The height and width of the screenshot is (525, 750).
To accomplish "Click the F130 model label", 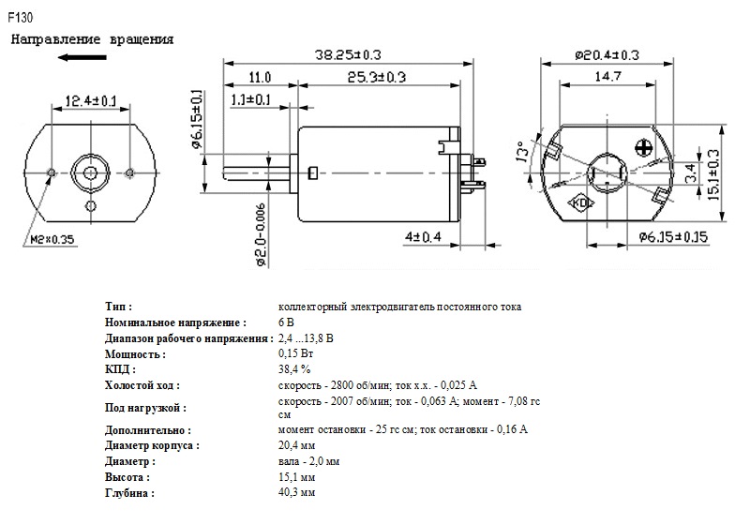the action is [20, 18].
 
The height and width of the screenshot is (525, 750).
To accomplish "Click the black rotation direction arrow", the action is [82, 57].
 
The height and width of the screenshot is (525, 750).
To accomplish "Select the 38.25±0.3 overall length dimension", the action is [348, 54].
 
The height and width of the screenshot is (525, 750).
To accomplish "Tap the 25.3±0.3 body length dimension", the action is [377, 77].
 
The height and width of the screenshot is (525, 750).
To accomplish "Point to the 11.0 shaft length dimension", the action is [260, 77].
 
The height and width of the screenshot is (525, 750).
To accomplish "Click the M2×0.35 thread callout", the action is [52, 239].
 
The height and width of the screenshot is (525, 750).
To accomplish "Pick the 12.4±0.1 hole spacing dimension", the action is [90, 101].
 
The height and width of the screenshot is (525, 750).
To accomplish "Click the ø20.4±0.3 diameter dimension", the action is [607, 55].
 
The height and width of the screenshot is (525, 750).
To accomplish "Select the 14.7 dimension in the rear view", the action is [607, 76].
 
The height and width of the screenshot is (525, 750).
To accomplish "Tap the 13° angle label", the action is [523, 152].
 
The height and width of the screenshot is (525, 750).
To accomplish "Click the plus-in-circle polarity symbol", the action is [643, 148].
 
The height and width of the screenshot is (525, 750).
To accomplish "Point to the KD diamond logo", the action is [580, 202].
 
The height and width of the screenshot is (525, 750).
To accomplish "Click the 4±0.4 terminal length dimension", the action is [424, 236].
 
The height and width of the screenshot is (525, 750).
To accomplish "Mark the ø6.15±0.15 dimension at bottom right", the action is [673, 236].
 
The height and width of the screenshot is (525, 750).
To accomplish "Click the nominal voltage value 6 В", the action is [286, 322].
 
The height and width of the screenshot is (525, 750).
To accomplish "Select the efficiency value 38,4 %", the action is [294, 369].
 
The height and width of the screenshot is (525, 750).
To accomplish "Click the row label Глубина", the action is [129, 493].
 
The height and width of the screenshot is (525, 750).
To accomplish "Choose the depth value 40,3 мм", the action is [296, 492].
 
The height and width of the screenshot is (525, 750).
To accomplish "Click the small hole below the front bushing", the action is [90, 206].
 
